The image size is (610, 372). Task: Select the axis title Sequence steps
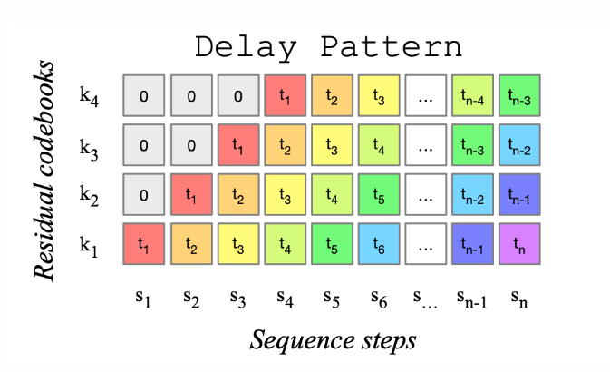coord(334,340)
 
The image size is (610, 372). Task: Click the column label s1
coord(144,296)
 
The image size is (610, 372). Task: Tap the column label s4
coord(286,296)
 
